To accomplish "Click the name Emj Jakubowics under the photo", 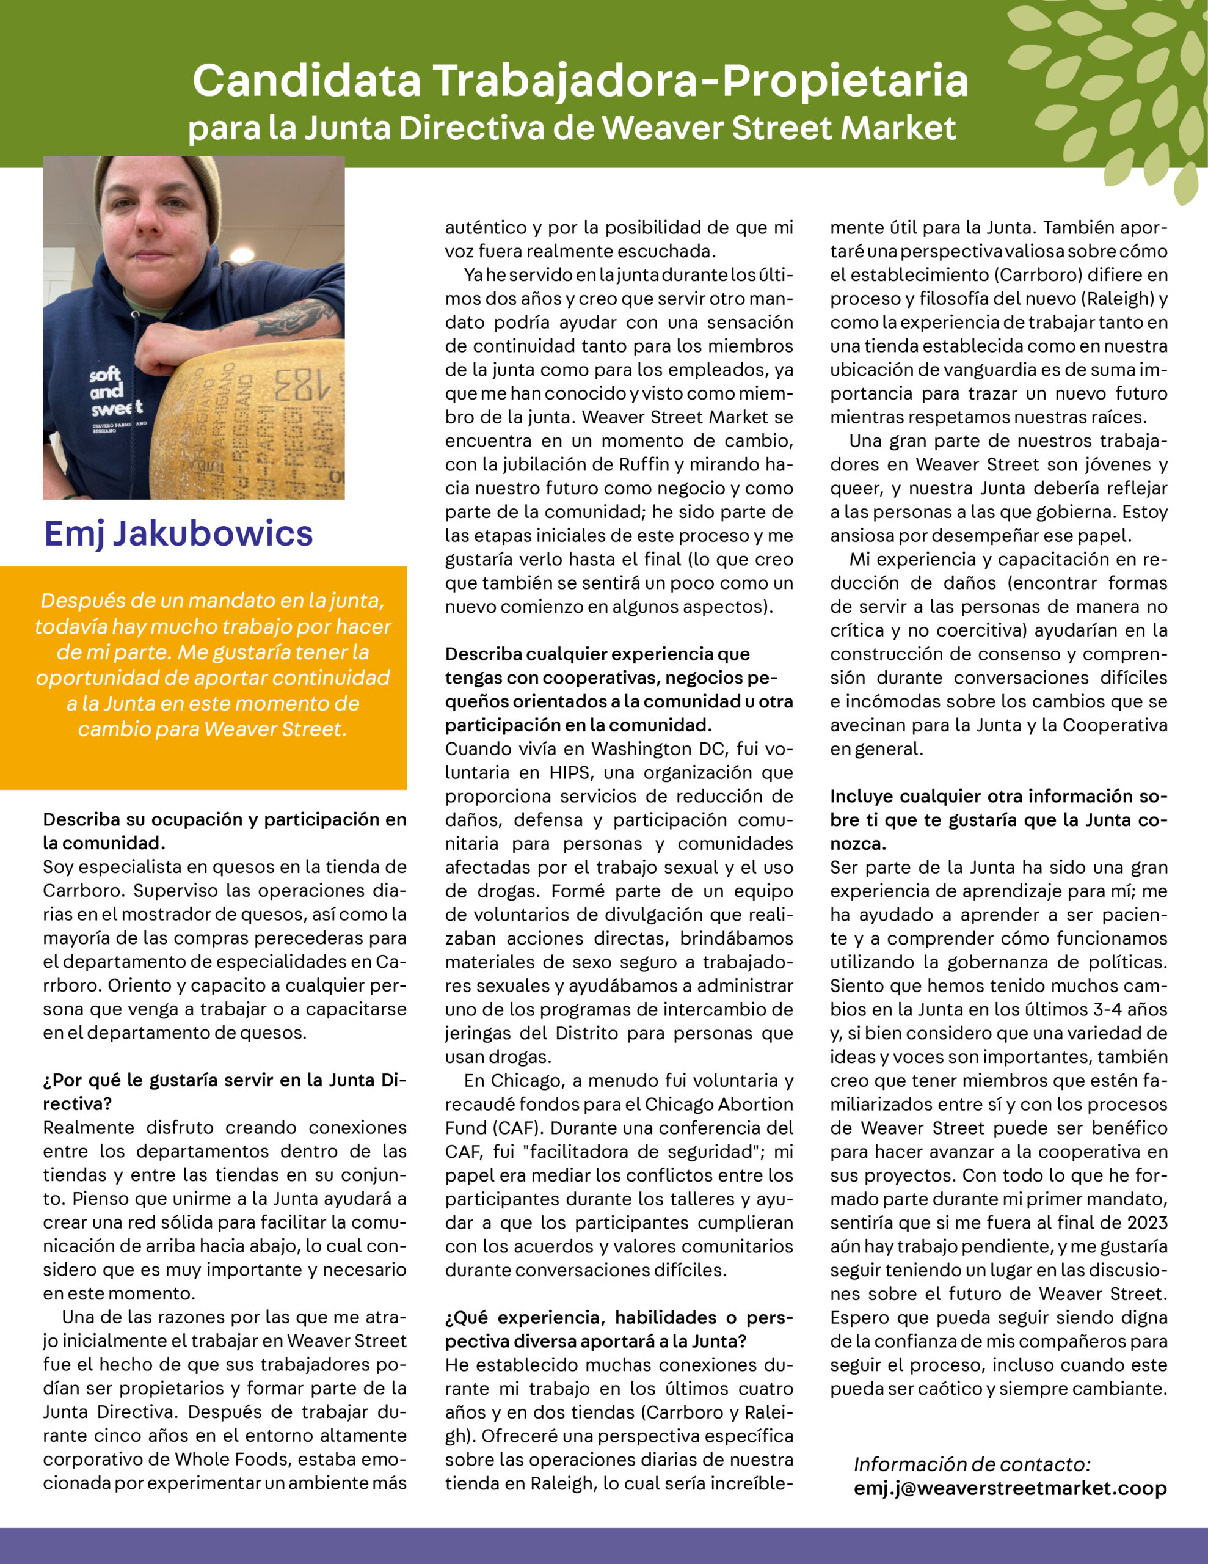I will point(178,533).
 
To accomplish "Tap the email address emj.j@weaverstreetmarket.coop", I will point(1010,1488).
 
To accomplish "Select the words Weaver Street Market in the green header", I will point(779,129).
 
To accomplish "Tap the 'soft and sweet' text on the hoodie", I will point(115,392).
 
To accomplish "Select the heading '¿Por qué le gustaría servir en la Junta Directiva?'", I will point(224,1091).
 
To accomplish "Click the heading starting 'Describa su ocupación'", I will point(224,831).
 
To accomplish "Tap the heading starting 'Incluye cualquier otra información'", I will point(998,819).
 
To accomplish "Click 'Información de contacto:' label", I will point(972,1464).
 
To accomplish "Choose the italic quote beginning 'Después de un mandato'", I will point(213,664).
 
